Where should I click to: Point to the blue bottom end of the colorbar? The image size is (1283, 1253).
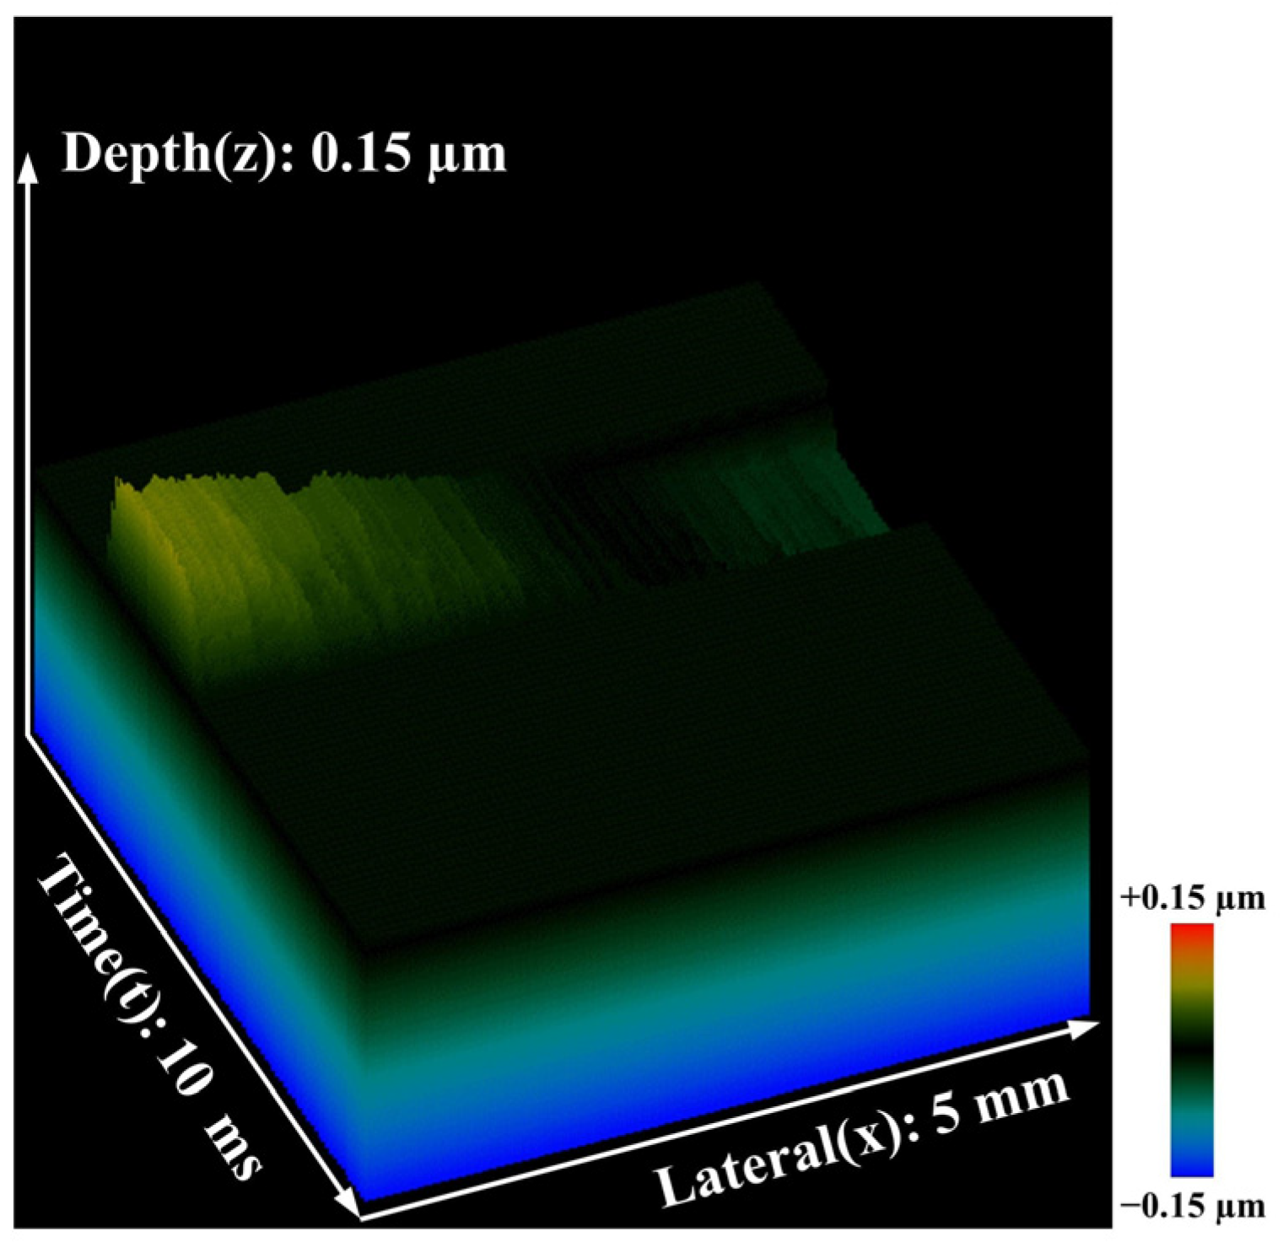click(1192, 1167)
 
